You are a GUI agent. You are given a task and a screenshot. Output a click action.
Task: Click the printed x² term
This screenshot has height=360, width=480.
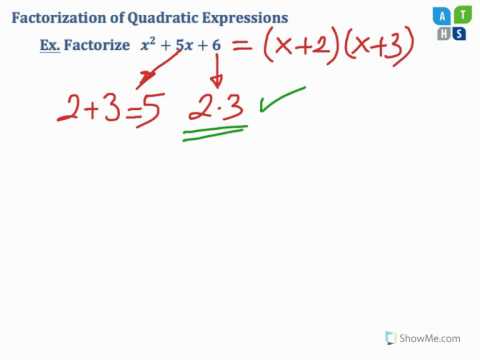[x=152, y=46]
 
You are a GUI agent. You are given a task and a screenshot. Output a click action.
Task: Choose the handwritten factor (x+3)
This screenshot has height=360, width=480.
[x=372, y=46]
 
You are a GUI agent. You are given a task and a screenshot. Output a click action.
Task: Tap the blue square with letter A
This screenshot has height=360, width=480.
[x=445, y=15]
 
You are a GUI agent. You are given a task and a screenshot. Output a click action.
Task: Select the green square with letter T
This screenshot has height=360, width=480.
[x=462, y=15]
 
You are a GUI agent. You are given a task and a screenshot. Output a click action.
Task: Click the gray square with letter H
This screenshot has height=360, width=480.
[x=445, y=33]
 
